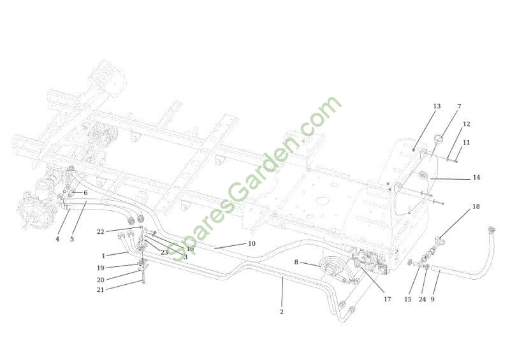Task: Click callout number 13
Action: [x=437, y=106]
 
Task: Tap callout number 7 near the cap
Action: [x=459, y=106]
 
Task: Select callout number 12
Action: [x=467, y=124]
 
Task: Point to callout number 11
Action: [x=467, y=143]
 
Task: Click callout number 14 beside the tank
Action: [x=476, y=178]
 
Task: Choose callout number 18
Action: [x=476, y=207]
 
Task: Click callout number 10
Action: [x=252, y=244]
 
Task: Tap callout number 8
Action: [x=296, y=262]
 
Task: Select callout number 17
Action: [x=388, y=299]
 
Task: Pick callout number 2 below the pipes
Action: [x=282, y=312]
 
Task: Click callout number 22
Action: [x=101, y=232]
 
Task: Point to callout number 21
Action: [x=101, y=289]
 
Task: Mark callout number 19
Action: [x=101, y=268]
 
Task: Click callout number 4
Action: [x=57, y=240]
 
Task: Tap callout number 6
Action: [x=85, y=193]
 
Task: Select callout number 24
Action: [x=422, y=299]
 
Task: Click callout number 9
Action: [x=433, y=299]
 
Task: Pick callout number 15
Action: [x=408, y=299]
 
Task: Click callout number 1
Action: [x=103, y=256]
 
